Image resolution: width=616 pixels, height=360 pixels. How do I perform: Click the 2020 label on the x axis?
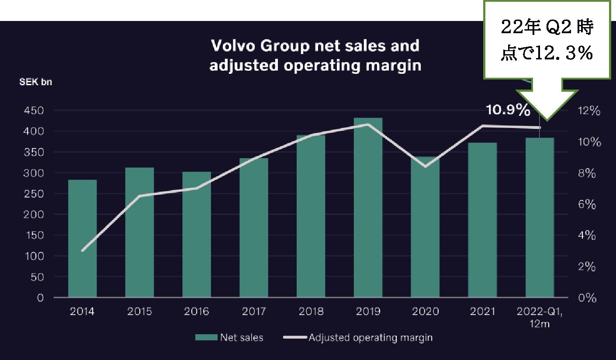425,312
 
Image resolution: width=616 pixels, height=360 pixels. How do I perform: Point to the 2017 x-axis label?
254,312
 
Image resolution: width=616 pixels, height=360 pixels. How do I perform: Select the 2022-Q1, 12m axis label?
540,317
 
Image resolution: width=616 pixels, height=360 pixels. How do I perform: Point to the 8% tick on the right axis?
585,173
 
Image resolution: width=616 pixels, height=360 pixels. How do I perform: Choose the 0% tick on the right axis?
585,298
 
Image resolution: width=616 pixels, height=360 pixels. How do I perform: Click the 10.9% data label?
508,111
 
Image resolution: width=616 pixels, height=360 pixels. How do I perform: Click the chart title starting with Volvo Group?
315,55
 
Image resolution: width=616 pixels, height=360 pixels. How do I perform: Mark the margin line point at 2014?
83,250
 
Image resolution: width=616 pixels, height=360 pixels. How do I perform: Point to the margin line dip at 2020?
425,166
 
